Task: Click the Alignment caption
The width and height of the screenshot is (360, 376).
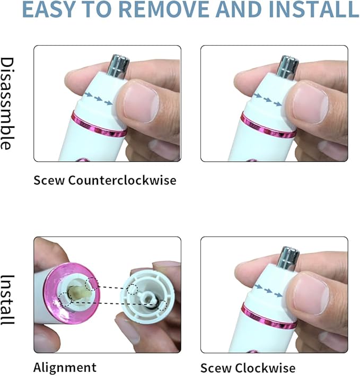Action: [x=65, y=367]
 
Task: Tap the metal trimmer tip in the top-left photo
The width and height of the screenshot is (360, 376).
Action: [x=119, y=65]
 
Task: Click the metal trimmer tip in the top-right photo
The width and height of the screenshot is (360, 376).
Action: [x=288, y=65]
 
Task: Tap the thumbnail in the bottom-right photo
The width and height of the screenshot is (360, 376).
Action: [x=311, y=293]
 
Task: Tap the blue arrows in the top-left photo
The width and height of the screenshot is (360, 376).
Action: [x=98, y=99]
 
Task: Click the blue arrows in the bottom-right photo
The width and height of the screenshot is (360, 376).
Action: [x=268, y=290]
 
